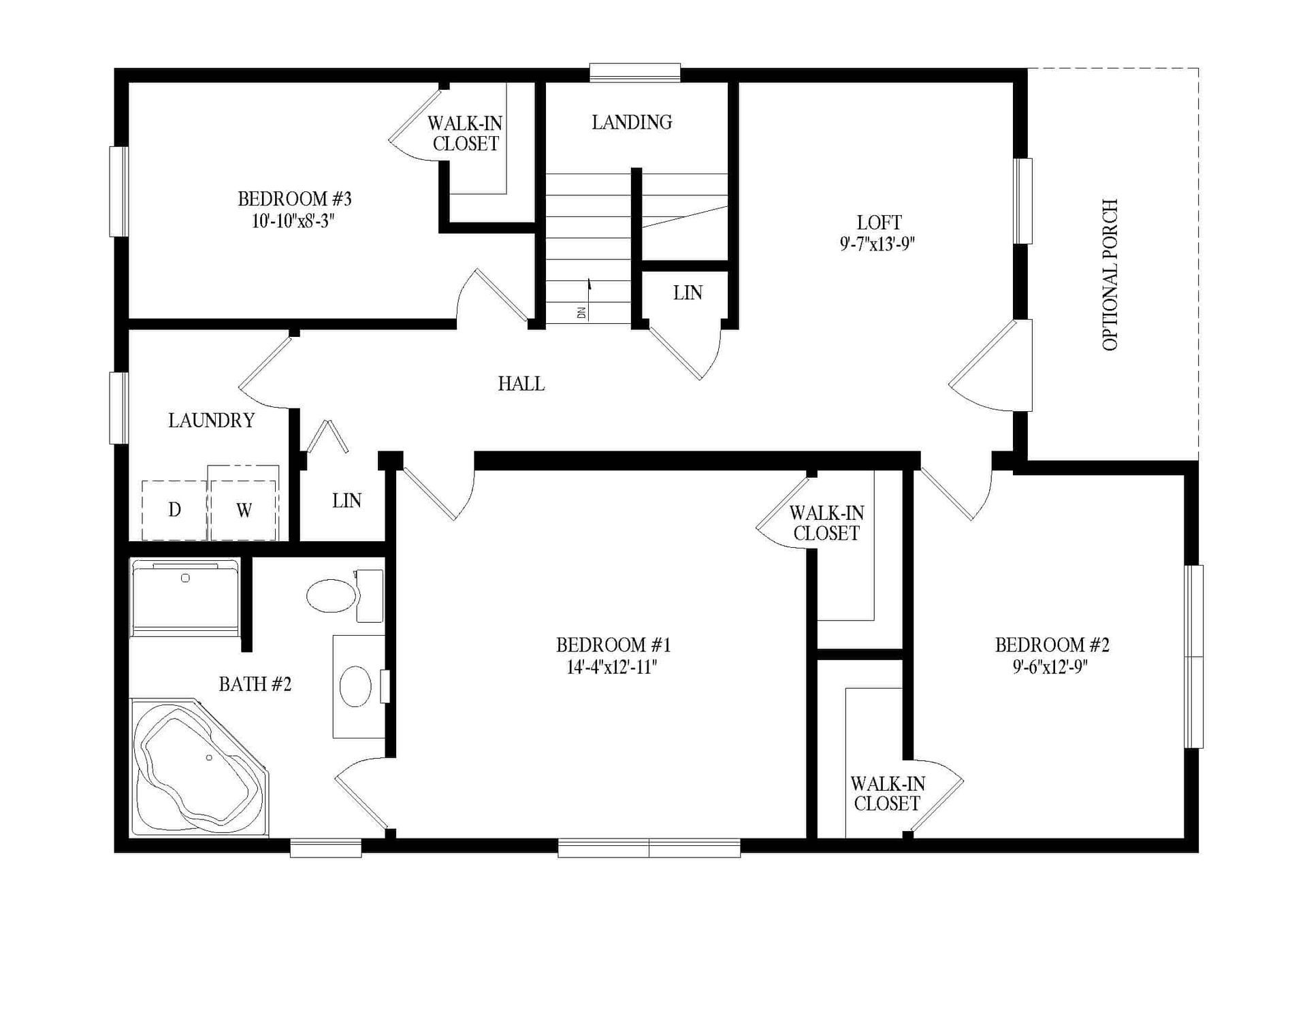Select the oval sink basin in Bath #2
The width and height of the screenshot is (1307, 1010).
[x=355, y=686]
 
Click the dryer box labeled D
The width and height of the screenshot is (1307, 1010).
[x=174, y=510]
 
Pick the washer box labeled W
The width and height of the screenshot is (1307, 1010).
[x=244, y=510]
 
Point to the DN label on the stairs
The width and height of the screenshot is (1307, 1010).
[x=581, y=313]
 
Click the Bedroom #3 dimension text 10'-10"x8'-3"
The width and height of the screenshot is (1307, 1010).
[x=294, y=221]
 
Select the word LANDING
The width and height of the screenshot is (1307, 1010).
[x=632, y=123]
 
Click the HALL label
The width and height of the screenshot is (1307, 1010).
[x=521, y=384]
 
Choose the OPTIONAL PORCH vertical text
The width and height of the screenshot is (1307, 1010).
[x=1110, y=275]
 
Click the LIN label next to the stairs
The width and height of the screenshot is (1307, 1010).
[x=688, y=293]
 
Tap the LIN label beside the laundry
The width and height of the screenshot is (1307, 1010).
[x=346, y=501]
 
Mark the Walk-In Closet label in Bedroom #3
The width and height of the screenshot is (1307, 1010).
[x=466, y=133]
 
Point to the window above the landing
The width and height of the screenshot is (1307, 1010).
[x=634, y=72]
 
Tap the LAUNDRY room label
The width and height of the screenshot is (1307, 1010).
[x=211, y=421]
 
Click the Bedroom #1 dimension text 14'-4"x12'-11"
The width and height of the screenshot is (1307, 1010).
[x=613, y=667]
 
